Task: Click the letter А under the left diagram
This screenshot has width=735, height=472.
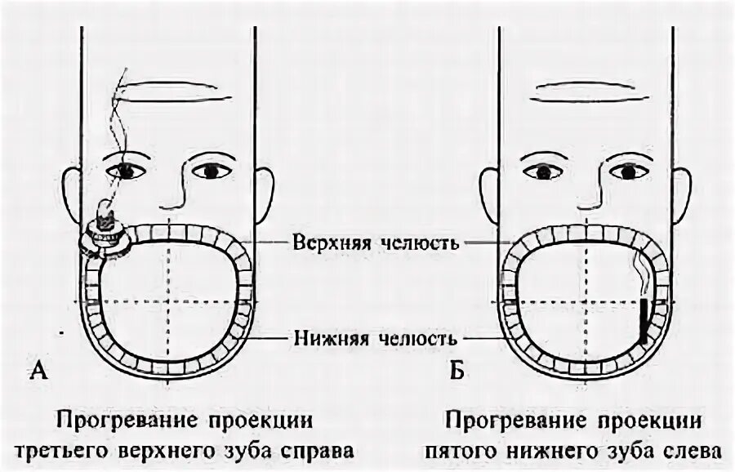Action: click(x=38, y=372)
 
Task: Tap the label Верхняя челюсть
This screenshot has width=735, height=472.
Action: click(x=372, y=243)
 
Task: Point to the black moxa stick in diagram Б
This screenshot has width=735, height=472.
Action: click(x=645, y=321)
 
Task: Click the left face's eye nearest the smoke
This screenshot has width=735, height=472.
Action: click(x=127, y=170)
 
